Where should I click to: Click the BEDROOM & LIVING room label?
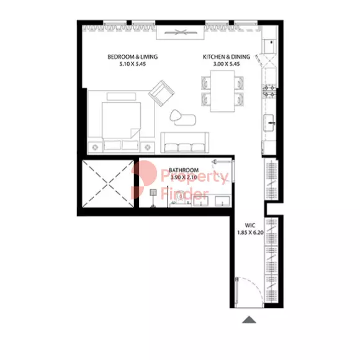click(x=132, y=56)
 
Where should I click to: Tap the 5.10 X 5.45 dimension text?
click(x=132, y=64)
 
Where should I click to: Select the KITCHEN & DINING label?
click(x=226, y=56)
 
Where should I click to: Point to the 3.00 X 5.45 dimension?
click(x=227, y=64)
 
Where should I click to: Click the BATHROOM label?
click(x=184, y=170)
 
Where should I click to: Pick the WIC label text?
click(x=250, y=225)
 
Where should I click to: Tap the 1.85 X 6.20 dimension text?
click(x=250, y=233)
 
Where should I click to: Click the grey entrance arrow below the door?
click(x=249, y=320)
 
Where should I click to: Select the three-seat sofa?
click(x=184, y=142)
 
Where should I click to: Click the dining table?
click(x=222, y=91)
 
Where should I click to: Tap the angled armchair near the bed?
click(x=161, y=93)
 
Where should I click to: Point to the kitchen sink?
click(x=269, y=123)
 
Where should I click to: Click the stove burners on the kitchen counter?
click(x=269, y=91)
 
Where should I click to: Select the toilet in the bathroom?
click(x=179, y=199)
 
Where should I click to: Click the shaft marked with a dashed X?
click(x=108, y=184)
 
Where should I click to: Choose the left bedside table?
click(x=95, y=147)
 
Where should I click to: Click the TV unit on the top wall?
click(x=180, y=32)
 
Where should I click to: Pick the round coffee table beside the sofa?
click(x=176, y=115)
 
